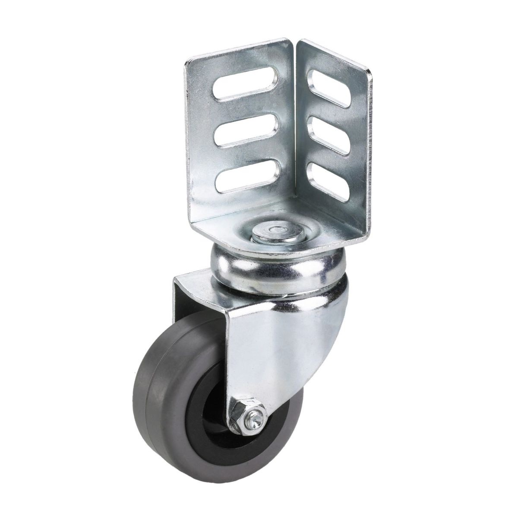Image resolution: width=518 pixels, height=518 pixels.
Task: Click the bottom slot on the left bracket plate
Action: click(242, 180)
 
